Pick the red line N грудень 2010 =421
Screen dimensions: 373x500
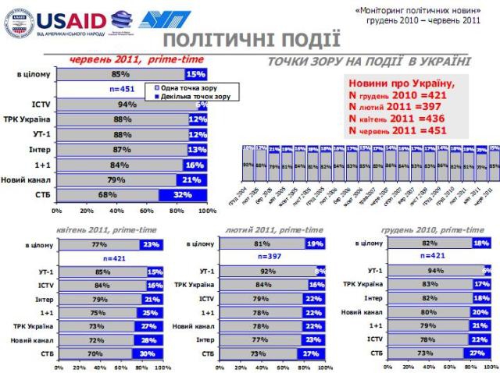pos(395,95)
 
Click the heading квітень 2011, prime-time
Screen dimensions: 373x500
pos(105,231)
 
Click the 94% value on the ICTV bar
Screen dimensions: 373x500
pos(122,105)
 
